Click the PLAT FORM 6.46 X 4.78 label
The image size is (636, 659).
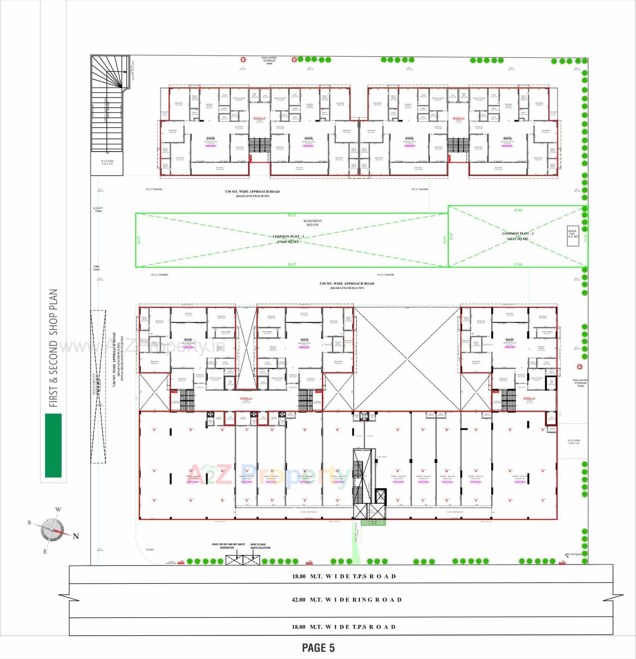tap(107, 163)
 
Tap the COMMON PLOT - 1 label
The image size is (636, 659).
tap(288, 236)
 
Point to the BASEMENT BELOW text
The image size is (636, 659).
tap(313, 223)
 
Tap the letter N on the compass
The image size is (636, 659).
tap(76, 536)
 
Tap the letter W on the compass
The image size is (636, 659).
tap(58, 509)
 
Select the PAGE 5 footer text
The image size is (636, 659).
tap(318, 647)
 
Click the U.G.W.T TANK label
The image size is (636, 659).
tap(98, 210)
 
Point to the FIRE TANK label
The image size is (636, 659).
tap(97, 268)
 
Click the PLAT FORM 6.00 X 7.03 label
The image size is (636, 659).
tap(574, 442)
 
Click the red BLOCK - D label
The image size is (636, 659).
tap(259, 118)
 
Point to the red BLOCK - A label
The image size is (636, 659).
tap(246, 397)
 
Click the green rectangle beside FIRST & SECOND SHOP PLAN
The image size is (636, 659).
tap(53, 445)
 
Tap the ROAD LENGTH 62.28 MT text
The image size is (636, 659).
tap(252, 196)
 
